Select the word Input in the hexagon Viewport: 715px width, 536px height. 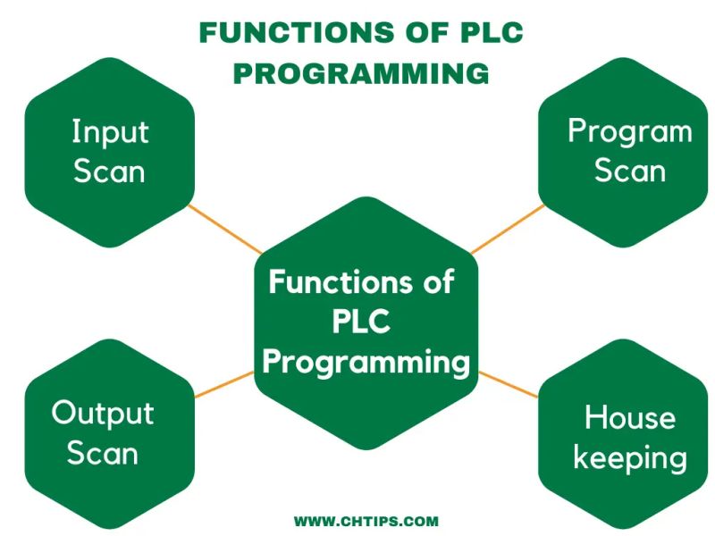(110, 133)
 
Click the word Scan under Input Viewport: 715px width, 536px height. (109, 172)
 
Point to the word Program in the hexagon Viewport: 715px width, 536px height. (630, 133)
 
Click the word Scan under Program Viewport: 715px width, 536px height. (630, 171)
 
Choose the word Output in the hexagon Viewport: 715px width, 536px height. (103, 413)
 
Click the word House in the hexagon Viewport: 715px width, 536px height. (630, 417)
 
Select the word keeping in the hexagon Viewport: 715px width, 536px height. (630, 458)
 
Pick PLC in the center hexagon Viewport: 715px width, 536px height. (362, 322)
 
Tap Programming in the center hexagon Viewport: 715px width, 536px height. (366, 363)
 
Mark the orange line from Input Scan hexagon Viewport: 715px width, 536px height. (223, 229)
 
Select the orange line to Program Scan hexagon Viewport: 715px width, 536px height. (507, 228)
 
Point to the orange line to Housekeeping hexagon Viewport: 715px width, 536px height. (509, 385)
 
